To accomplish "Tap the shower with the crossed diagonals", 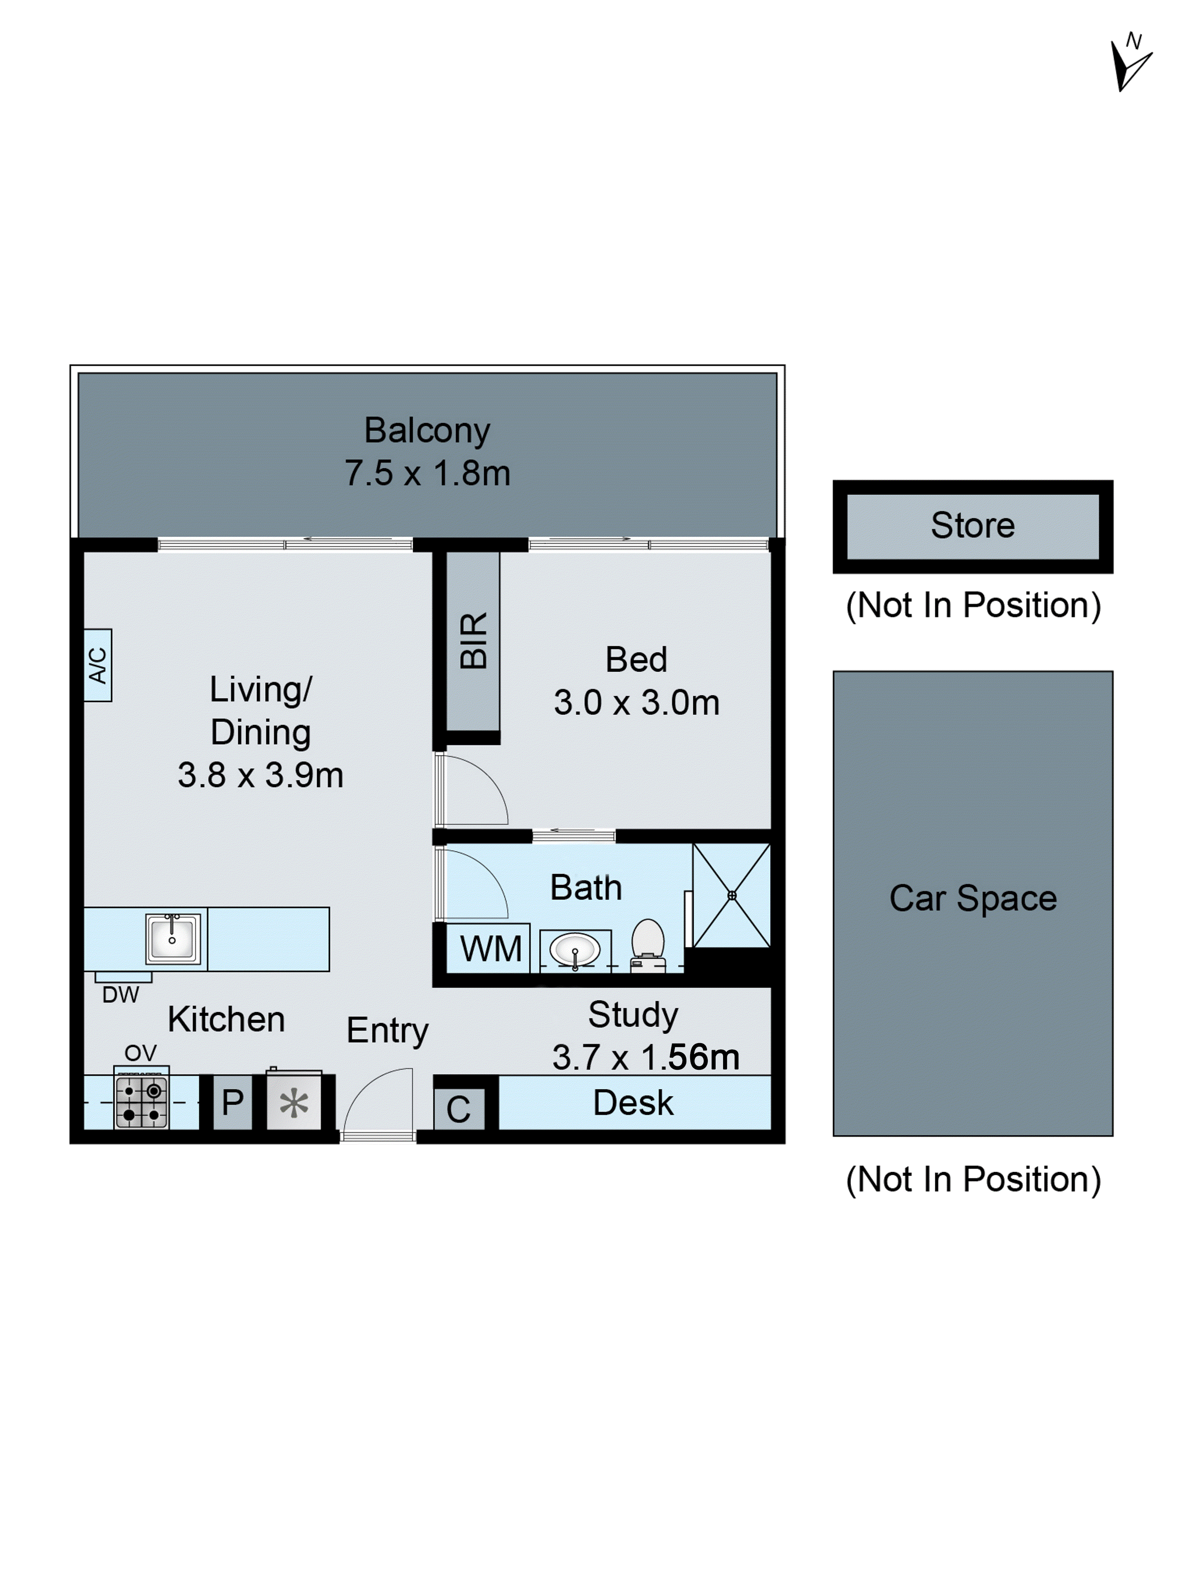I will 731,895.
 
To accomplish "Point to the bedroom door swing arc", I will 476,789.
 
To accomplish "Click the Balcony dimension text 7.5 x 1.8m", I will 427,473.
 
